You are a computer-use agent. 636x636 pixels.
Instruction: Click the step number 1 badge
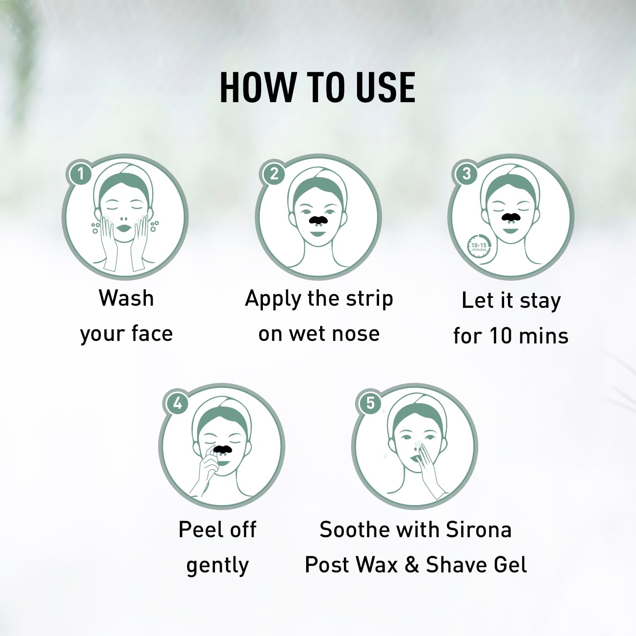click(80, 173)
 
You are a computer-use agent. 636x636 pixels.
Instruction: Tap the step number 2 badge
click(274, 173)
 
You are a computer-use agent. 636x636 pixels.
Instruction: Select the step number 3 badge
click(466, 173)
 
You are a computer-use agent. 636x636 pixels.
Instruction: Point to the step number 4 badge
click(177, 402)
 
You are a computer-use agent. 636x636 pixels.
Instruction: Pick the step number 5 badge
click(370, 402)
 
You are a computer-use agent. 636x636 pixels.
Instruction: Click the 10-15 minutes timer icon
click(480, 245)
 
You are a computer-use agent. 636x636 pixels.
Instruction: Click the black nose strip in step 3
click(511, 217)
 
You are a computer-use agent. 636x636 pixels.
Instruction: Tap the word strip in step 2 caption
click(369, 299)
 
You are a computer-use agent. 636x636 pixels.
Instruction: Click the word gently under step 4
click(218, 566)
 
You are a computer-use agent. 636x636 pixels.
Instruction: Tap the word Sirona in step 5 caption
click(479, 530)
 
